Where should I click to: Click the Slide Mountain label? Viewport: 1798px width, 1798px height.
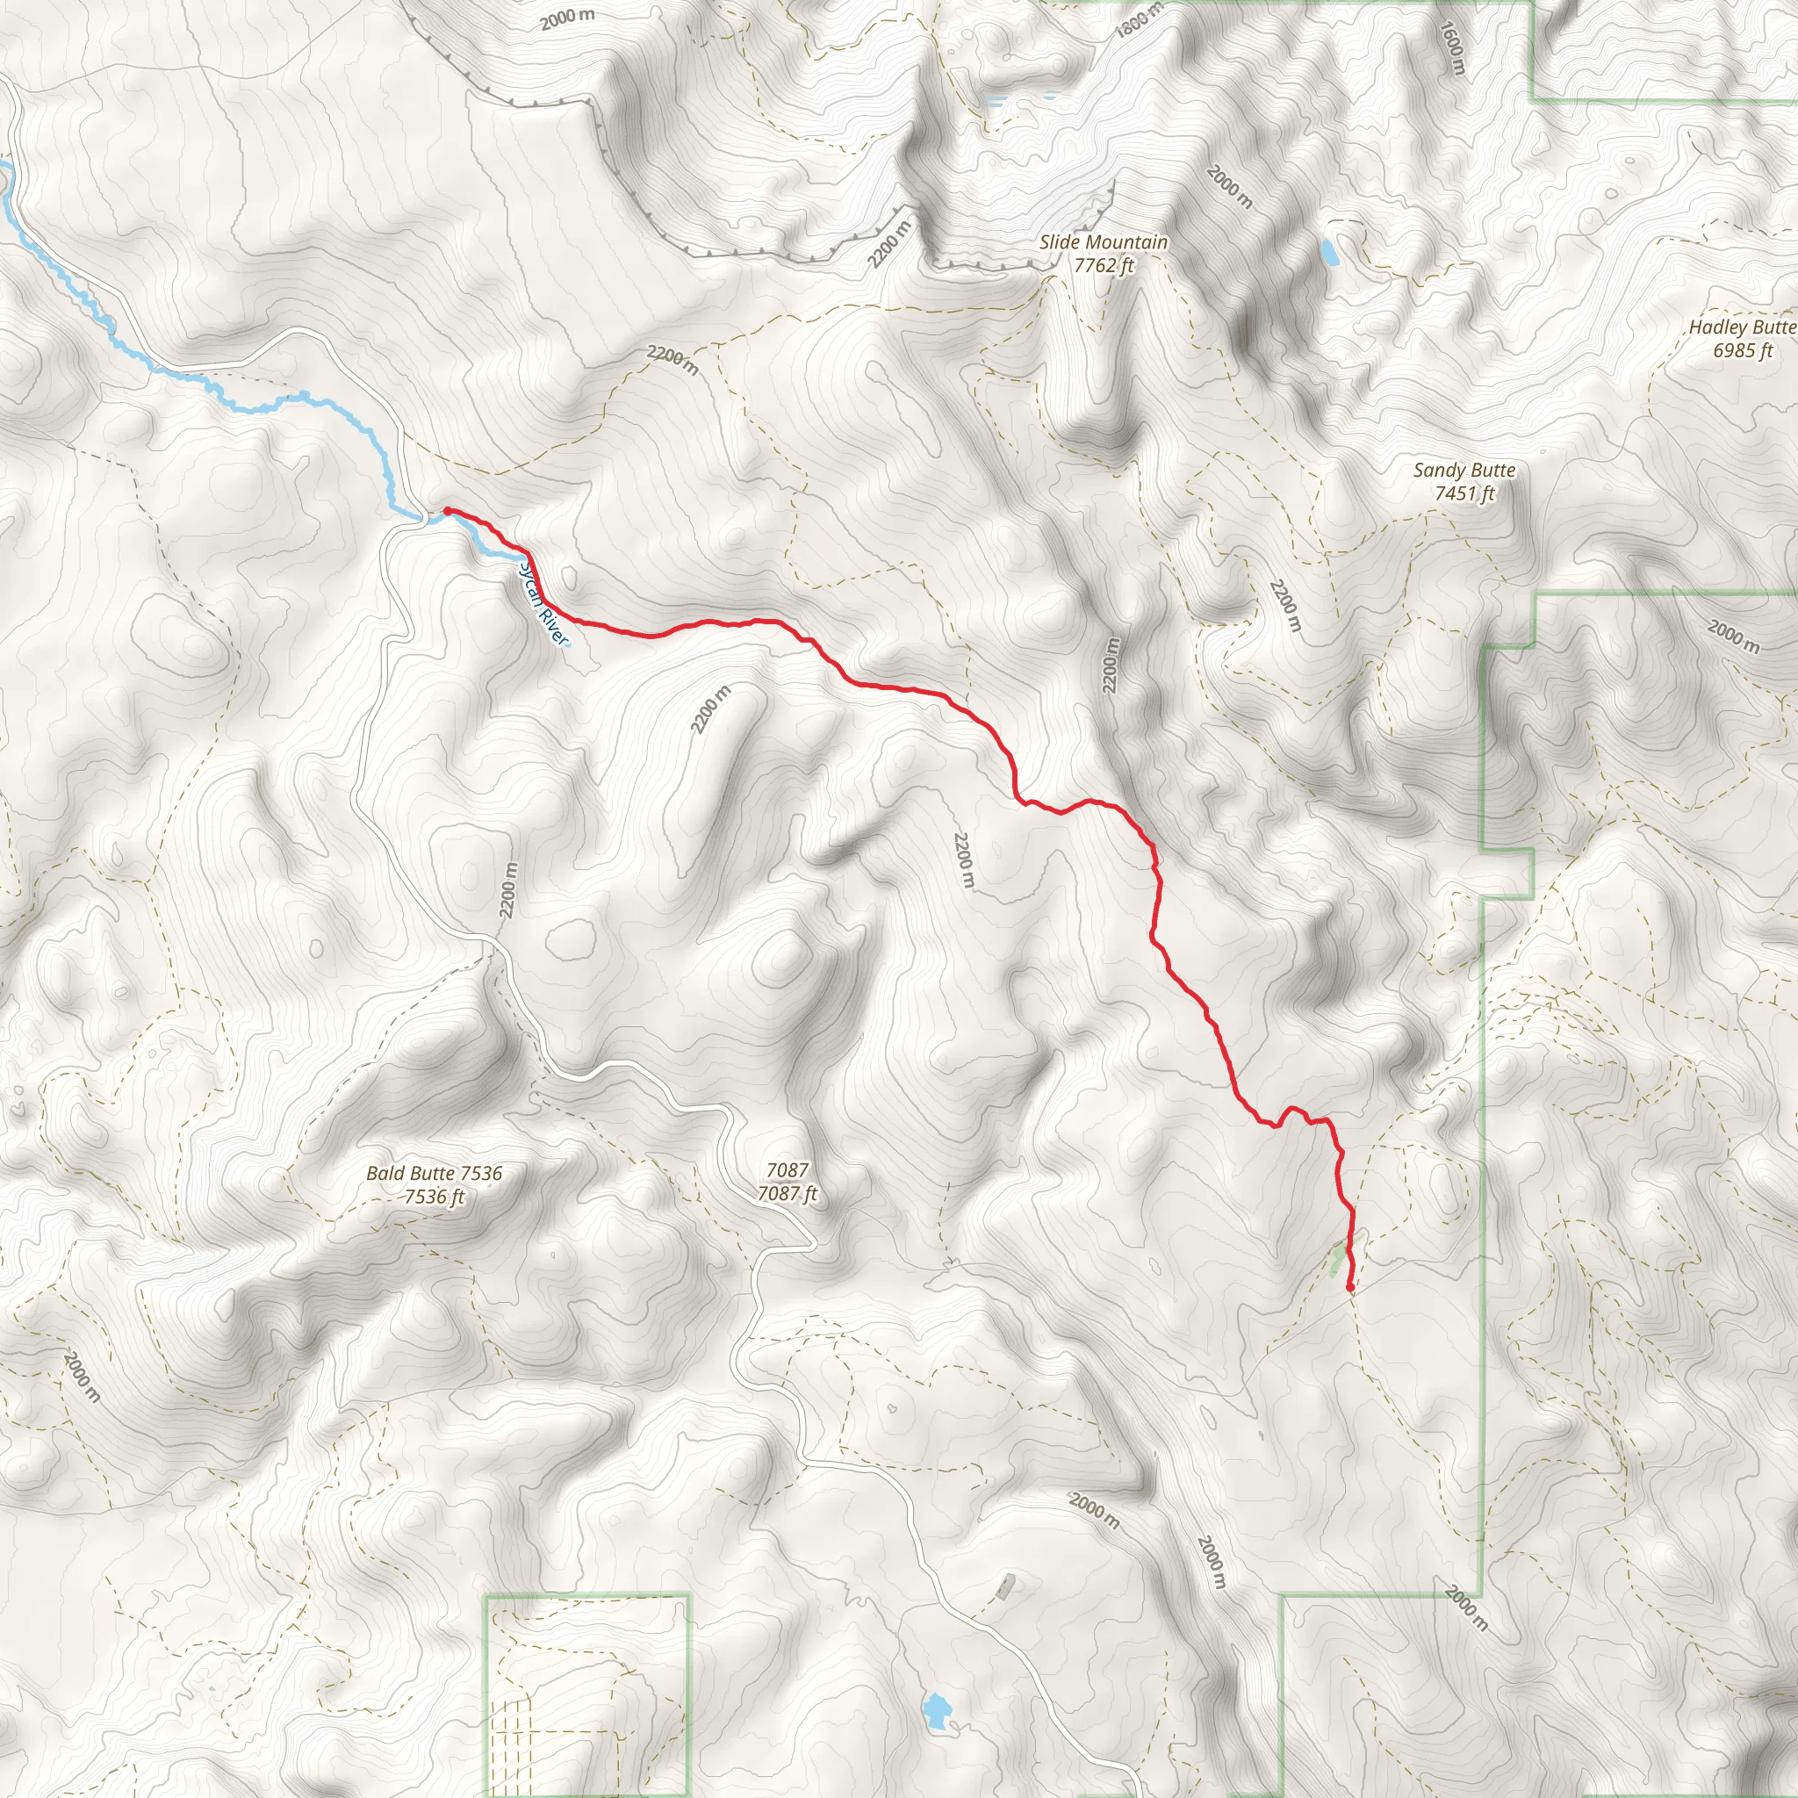pos(1103,242)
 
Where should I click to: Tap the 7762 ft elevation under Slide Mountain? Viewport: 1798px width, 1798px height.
pos(1104,266)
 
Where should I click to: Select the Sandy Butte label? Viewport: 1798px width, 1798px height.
pos(1464,471)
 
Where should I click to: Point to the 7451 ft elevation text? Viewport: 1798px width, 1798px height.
pos(1464,494)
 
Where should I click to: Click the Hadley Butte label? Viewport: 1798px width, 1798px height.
pos(1741,327)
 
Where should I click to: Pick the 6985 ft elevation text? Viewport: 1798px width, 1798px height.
pos(1742,351)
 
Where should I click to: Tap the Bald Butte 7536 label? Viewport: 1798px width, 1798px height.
pos(434,1174)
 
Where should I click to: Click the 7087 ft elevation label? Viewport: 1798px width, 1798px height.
pos(788,1194)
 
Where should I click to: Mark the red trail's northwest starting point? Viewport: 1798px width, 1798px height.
pos(448,511)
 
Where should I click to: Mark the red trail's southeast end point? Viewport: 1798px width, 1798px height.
pos(1350,1288)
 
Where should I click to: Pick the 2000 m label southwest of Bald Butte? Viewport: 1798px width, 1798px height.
pos(82,1377)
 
